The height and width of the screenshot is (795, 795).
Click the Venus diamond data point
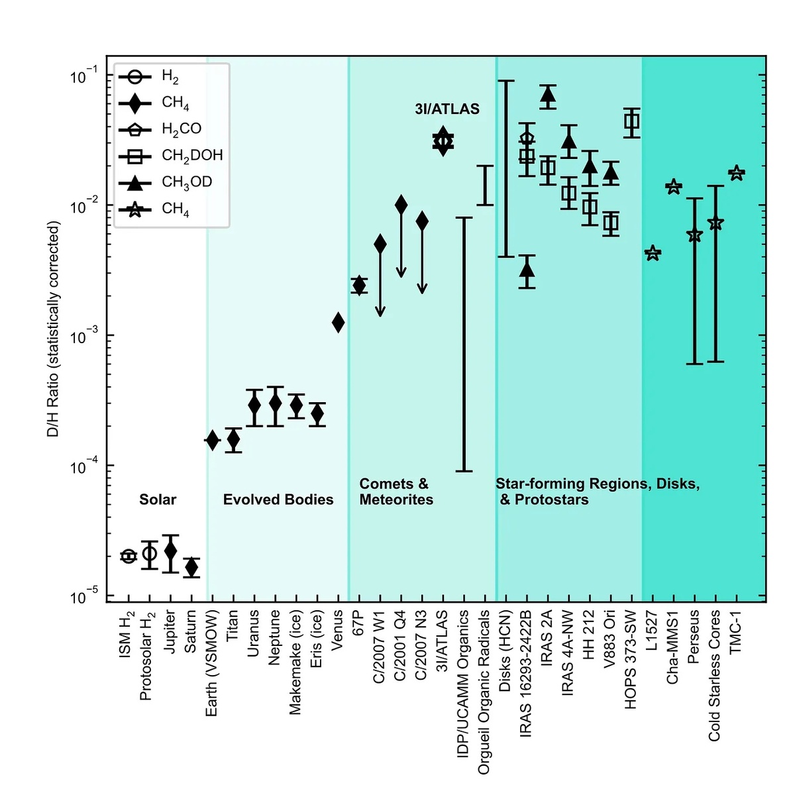click(x=338, y=323)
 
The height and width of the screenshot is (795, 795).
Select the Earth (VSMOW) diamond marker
click(x=212, y=440)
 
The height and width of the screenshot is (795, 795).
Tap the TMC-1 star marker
click(x=736, y=174)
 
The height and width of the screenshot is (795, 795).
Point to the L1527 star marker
click(x=653, y=253)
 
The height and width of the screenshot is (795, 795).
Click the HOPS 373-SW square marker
click(x=632, y=121)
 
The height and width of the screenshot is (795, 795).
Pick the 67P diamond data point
click(x=359, y=285)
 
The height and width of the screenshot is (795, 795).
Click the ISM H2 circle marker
click(x=129, y=556)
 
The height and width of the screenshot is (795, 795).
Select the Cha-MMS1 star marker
click(x=674, y=187)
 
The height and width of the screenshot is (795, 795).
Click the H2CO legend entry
click(x=181, y=129)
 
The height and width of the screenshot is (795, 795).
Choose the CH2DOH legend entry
click(x=191, y=156)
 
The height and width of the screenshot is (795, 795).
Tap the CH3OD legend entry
click(x=186, y=182)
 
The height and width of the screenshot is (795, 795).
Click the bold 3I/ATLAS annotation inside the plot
click(x=447, y=109)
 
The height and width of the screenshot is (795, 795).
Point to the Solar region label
click(x=158, y=500)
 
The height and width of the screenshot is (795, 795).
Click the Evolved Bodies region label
click(x=278, y=500)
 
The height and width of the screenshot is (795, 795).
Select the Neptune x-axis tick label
click(x=275, y=637)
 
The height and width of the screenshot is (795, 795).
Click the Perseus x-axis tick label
click(x=694, y=637)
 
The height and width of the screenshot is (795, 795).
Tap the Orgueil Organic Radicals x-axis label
click(x=484, y=692)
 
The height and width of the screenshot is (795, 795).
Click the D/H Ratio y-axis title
click(x=54, y=329)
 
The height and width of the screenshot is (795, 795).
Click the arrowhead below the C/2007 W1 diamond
click(x=380, y=311)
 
